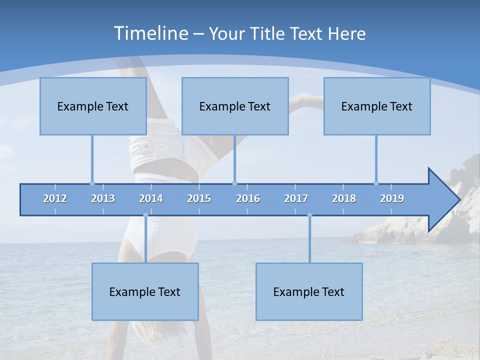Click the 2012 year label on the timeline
coord(55,198)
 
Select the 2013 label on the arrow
coord(103,198)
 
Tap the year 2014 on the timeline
coord(151,198)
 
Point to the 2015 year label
coord(199,198)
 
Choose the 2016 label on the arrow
coord(248,198)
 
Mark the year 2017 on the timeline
coord(296,198)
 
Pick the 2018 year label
coord(344,198)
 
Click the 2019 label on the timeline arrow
coord(392,198)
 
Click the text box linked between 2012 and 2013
coord(93,106)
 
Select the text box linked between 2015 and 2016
coord(235,106)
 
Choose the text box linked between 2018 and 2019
coord(377,106)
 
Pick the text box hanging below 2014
coord(145,291)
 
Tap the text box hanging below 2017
coord(309,291)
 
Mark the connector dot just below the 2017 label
coord(309,215)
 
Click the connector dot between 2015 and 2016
coord(234,183)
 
